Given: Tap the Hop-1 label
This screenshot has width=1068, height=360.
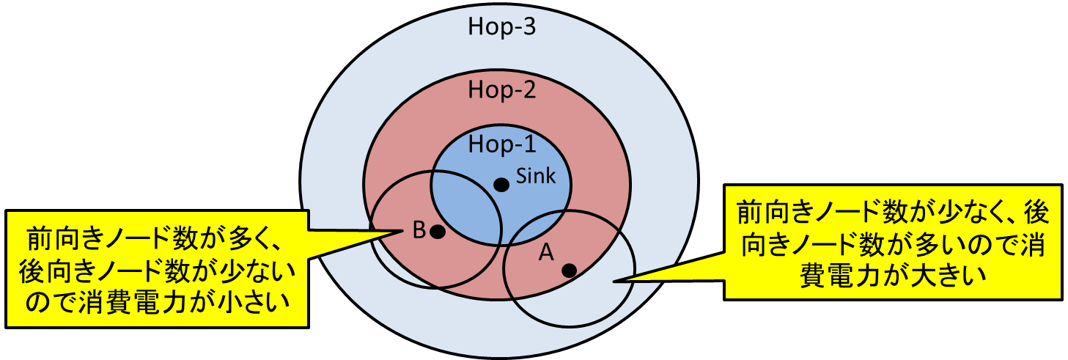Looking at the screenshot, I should pos(502,144).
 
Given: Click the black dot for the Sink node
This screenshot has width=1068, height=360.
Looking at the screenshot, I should pos(501,185).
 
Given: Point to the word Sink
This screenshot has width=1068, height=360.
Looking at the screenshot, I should pos(537,176).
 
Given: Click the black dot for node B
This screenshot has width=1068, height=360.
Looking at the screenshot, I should pos(438,232).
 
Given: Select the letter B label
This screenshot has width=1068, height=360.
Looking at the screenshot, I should pos(419,230).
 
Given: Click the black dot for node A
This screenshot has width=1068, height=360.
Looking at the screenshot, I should pos(569,270).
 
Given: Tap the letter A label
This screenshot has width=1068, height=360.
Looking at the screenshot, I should pos(545,253).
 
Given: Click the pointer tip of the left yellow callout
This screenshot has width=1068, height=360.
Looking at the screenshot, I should pos(402,232).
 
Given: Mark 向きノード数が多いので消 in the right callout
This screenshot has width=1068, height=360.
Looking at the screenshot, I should pos(891,246).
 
